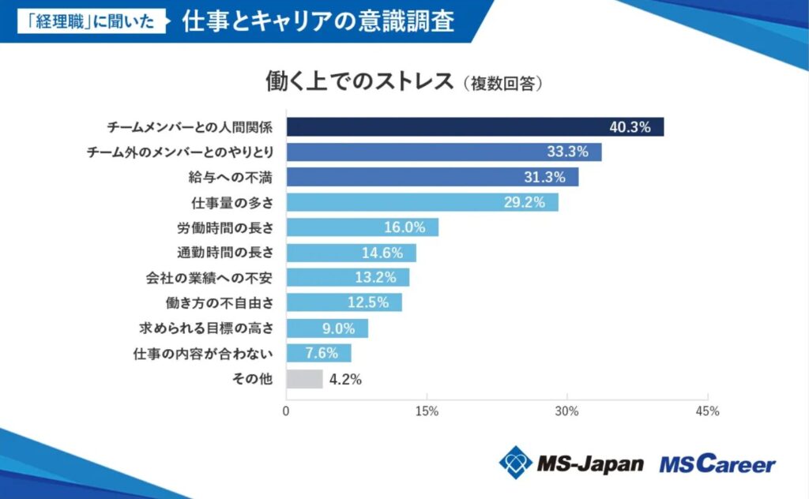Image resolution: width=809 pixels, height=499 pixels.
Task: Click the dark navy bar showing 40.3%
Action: (474, 127)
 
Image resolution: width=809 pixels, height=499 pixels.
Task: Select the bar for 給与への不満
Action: (431, 177)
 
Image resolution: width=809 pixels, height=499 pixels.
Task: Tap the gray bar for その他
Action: (304, 379)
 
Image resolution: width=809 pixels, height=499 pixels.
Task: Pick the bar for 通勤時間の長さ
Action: (351, 253)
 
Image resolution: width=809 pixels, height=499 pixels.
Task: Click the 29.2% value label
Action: (525, 202)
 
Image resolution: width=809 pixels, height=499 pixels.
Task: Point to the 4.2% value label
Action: (345, 379)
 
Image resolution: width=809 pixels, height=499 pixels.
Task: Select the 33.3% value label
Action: (567, 152)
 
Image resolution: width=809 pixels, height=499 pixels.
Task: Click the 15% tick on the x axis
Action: (427, 411)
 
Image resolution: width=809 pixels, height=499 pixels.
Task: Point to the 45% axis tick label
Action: (707, 411)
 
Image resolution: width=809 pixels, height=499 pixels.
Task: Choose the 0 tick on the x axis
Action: (286, 411)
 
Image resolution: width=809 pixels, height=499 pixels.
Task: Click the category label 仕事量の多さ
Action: (232, 202)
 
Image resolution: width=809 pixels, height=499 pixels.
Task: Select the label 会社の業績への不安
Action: (209, 278)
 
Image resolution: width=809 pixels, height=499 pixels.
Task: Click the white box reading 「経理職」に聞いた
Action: (92, 21)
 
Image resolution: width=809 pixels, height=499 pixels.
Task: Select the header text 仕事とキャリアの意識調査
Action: (318, 21)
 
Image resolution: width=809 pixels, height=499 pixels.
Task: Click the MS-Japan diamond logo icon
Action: (515, 462)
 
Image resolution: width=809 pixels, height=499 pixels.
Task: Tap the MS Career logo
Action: (717, 463)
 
